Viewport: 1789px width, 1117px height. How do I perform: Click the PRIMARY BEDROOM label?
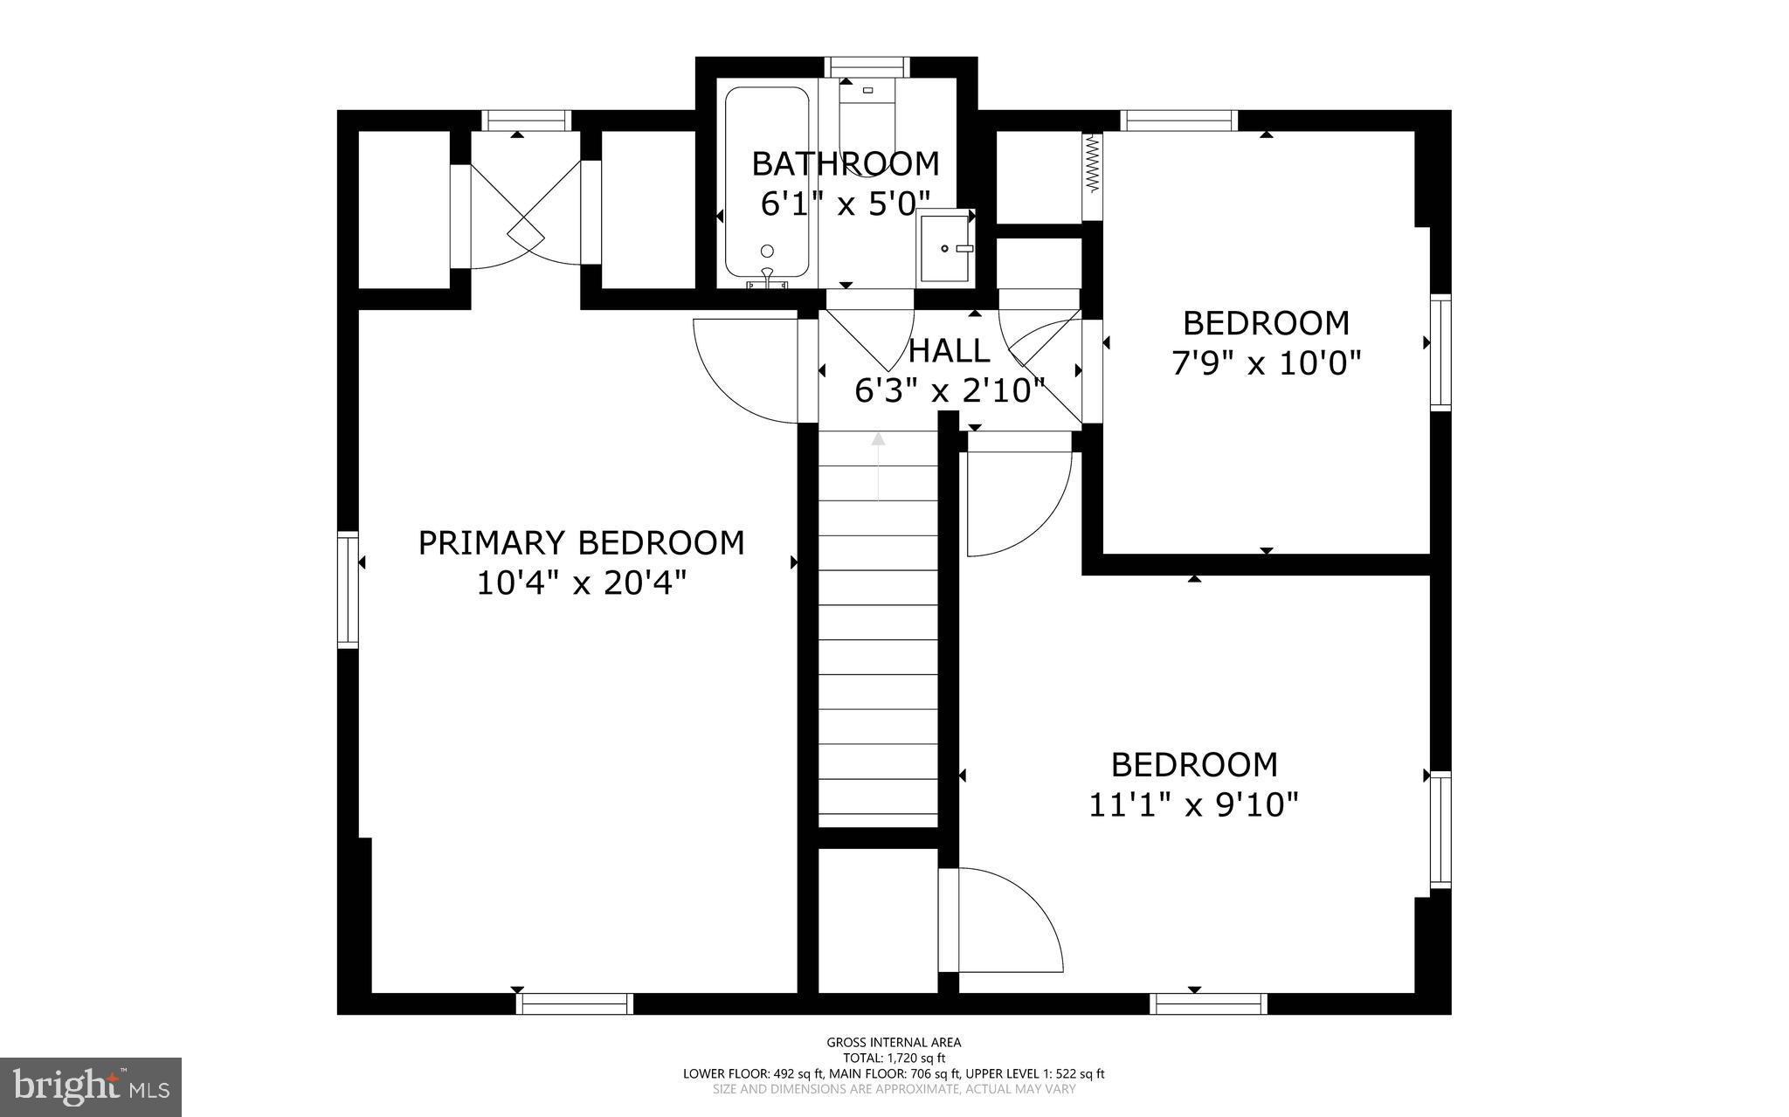581,543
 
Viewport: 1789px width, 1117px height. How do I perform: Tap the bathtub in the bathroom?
767,183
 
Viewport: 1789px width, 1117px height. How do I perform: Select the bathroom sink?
946,248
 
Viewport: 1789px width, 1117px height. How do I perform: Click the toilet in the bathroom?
867,118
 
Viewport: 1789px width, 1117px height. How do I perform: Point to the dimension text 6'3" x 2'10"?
950,391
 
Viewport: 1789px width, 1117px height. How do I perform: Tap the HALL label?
950,351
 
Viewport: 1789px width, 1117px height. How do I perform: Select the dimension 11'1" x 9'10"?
1193,804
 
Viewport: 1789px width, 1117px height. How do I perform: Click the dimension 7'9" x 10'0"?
1266,362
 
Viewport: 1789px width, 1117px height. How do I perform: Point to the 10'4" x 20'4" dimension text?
581,583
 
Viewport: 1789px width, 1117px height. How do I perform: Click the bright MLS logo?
91,1086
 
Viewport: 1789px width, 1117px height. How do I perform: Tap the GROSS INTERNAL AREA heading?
894,1042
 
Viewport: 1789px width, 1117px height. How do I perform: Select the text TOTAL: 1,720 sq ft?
894,1058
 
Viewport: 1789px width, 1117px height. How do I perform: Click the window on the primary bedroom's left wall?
349,590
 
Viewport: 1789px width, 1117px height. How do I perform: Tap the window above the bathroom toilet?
867,67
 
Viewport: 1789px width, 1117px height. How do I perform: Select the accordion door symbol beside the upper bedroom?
1092,164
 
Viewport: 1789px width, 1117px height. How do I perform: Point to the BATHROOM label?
845,163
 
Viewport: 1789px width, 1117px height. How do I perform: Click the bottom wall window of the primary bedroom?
575,1003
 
